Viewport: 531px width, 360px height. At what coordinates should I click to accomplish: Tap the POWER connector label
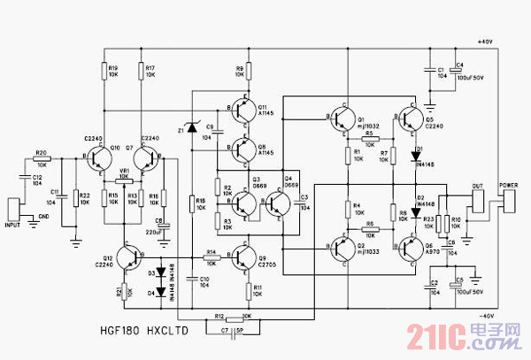(509, 186)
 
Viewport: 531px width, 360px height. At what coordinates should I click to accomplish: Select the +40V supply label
(485, 42)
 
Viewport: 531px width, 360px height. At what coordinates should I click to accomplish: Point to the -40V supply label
(485, 316)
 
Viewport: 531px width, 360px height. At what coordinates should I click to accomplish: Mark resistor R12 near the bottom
(228, 316)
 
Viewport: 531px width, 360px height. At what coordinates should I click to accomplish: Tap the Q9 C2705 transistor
(243, 257)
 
